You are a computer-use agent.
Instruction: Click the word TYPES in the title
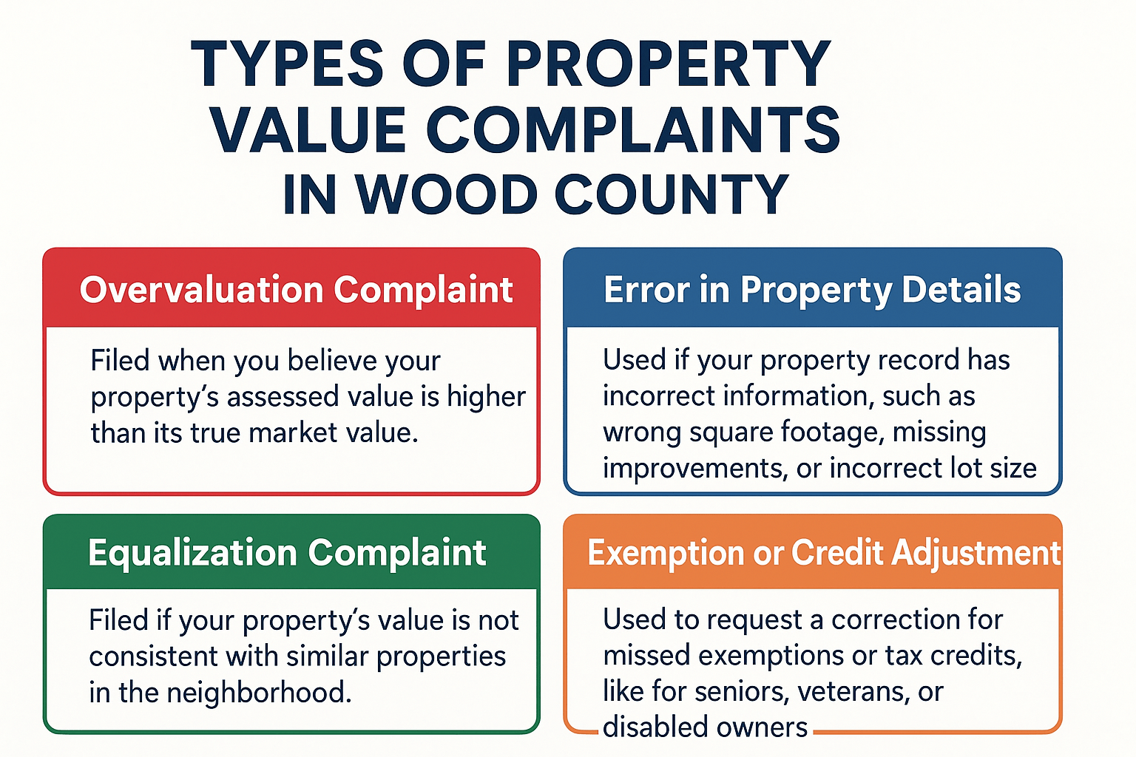(287, 65)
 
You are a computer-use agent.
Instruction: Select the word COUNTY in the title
(672, 195)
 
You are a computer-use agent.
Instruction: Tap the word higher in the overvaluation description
(486, 397)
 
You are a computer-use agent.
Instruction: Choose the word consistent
(153, 656)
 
